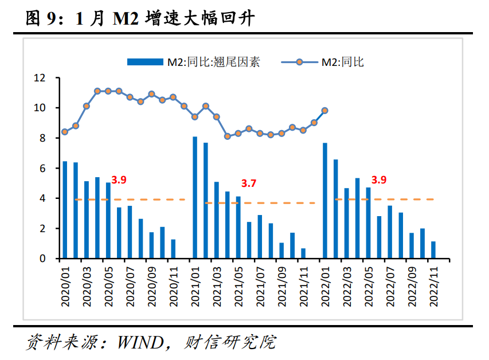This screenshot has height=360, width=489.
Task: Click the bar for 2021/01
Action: [x=195, y=198]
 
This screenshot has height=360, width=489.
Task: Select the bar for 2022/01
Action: [x=324, y=201]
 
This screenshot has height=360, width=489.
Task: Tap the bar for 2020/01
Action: [x=65, y=210]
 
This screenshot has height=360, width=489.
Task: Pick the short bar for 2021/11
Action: [x=303, y=253]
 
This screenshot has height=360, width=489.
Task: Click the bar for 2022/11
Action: [x=433, y=250]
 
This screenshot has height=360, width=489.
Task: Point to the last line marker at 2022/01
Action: [x=324, y=111]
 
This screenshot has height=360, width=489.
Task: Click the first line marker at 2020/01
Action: [x=65, y=132]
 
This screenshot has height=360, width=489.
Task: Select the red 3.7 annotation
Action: [x=248, y=183]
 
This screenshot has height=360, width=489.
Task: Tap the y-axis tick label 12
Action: [x=39, y=78]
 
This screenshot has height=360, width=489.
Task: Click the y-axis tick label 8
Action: [x=42, y=138]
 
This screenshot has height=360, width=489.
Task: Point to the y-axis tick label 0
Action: [x=42, y=259]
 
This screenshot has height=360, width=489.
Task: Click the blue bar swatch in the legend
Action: [x=146, y=62]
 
